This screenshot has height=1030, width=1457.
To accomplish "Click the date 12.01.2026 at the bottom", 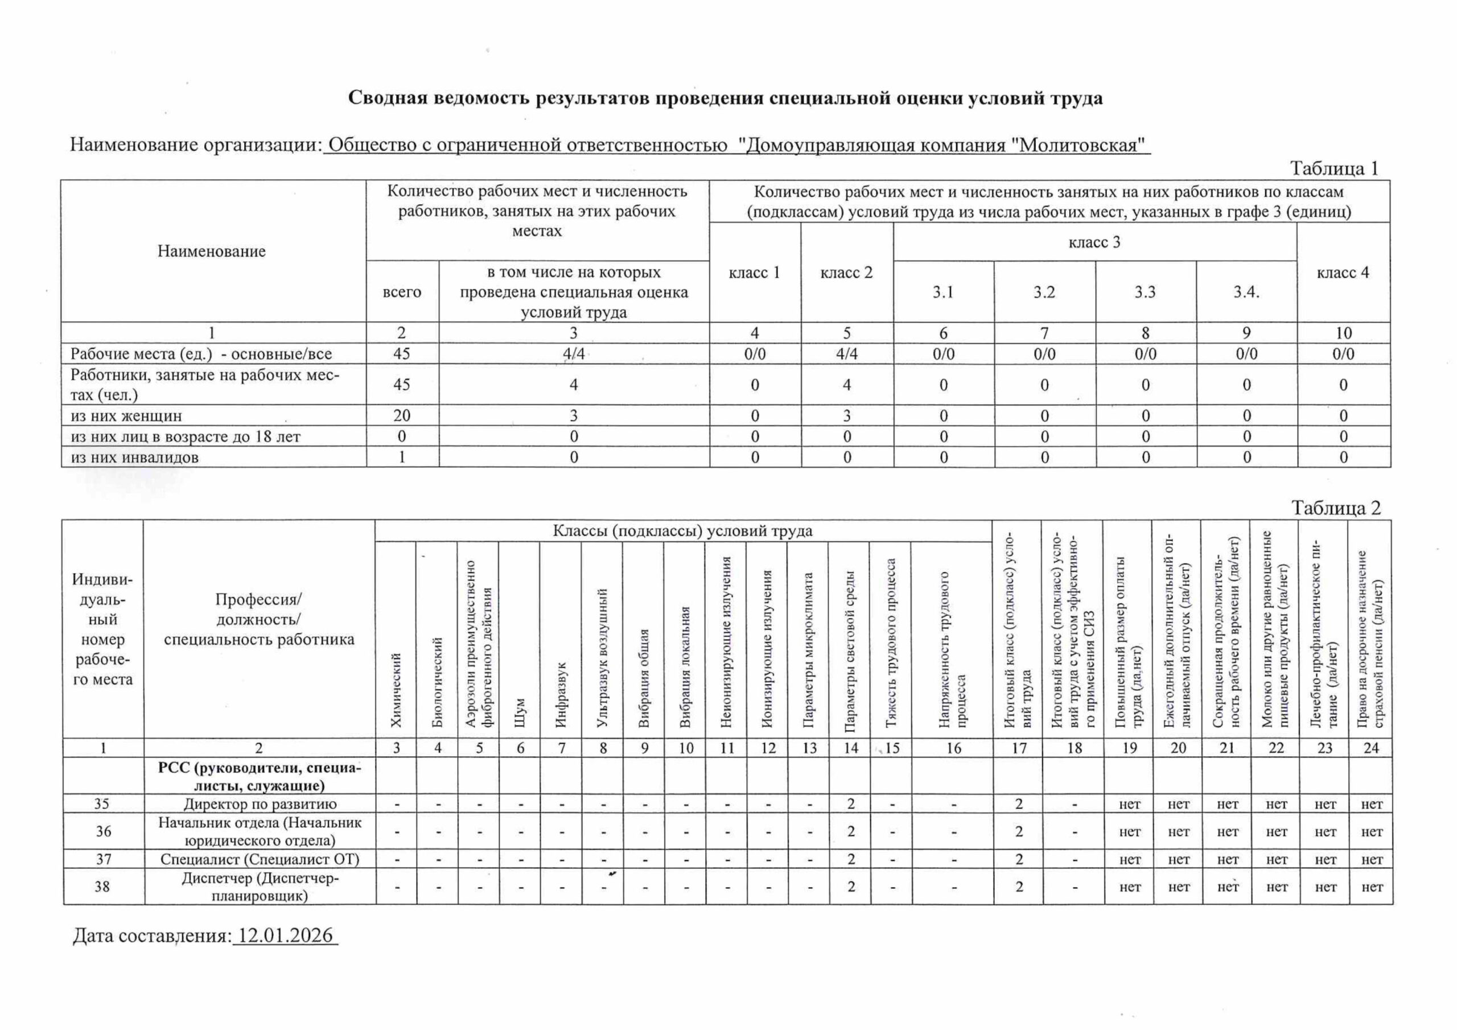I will pyautogui.click(x=286, y=936).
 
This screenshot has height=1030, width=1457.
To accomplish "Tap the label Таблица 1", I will pyautogui.click(x=1334, y=168).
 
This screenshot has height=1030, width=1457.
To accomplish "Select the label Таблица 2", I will pyautogui.click(x=1336, y=508).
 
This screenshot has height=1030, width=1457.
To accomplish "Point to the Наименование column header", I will pyautogui.click(x=211, y=252).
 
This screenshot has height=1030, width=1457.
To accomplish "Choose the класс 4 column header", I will pyautogui.click(x=1343, y=273).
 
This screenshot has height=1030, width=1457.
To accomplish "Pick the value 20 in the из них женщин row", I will pyautogui.click(x=402, y=415).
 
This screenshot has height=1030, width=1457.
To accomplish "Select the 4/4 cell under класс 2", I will pyautogui.click(x=846, y=353).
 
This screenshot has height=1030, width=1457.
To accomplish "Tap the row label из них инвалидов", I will pyautogui.click(x=134, y=458).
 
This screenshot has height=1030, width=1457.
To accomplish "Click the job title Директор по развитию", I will pyautogui.click(x=260, y=804).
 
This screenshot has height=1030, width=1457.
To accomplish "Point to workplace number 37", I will pyautogui.click(x=103, y=859).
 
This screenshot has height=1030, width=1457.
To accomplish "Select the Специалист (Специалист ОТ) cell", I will pyautogui.click(x=260, y=859).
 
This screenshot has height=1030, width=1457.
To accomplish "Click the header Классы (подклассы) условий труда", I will pyautogui.click(x=682, y=531).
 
